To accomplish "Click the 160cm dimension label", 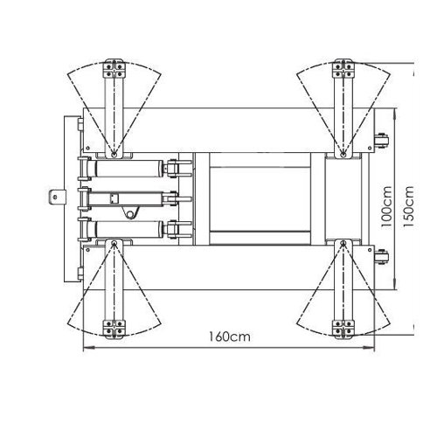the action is click(x=230, y=336).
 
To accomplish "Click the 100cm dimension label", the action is click(x=387, y=207).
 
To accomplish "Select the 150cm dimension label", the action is click(x=408, y=207).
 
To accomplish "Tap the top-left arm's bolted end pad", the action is click(x=114, y=69).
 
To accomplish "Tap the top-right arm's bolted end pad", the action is click(x=343, y=69).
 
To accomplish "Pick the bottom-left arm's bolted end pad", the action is click(x=114, y=329).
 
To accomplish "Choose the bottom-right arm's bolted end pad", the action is click(x=343, y=329).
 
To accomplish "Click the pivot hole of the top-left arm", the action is click(x=114, y=155).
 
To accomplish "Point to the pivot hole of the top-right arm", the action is click(x=343, y=155).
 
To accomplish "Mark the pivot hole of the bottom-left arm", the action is click(x=114, y=243).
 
